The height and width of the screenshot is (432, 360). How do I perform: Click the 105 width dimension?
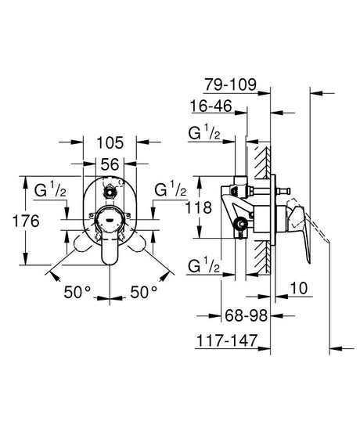110,142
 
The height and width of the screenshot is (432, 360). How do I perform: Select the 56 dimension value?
110,164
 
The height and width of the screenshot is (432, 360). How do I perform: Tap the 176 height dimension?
26,221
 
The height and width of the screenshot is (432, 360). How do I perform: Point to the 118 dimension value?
198,207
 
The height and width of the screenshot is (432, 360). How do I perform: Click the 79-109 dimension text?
230,85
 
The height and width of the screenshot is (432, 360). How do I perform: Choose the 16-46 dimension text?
211,106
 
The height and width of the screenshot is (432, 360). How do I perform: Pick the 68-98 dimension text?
247,315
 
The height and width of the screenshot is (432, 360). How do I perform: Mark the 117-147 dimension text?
226,340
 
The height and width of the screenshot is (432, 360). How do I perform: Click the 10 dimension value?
299,288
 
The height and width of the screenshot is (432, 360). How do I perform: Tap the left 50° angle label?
77,292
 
